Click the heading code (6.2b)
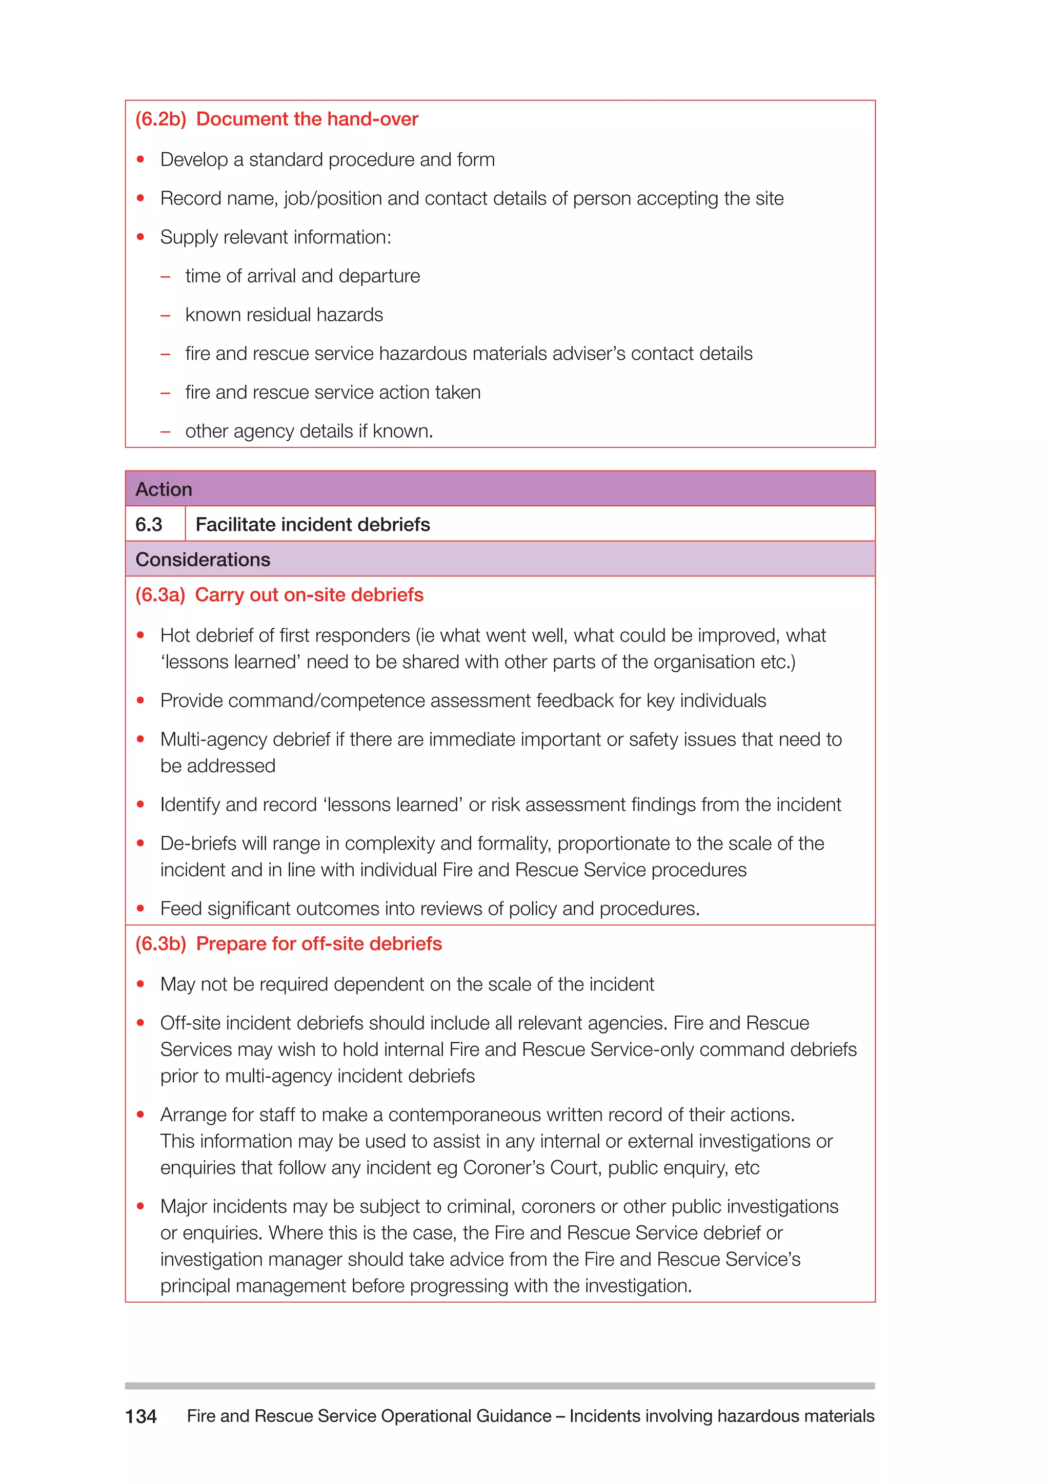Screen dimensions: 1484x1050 (160, 119)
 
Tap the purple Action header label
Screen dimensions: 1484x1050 (164, 489)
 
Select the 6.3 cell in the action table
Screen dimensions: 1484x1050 (149, 524)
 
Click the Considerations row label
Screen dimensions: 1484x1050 (203, 559)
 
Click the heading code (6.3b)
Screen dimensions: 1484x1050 (160, 944)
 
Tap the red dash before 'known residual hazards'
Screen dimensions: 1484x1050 (166, 316)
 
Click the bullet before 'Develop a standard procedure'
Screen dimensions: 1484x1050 (140, 160)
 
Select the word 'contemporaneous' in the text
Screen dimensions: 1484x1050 (464, 1115)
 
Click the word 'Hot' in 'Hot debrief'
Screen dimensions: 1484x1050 (175, 635)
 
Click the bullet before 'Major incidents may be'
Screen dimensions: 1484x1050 (140, 1206)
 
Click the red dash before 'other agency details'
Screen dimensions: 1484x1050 (166, 432)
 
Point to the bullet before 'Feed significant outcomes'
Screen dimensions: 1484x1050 (140, 908)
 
